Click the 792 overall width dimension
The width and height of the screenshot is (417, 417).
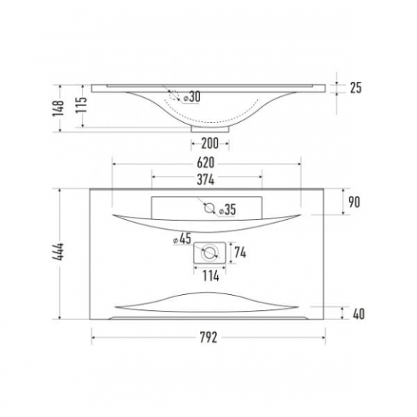coord(208,337)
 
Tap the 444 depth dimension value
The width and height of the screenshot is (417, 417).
coord(58,252)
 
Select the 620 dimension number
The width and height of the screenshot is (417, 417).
coord(205,163)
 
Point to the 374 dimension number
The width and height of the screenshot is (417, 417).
coord(205,180)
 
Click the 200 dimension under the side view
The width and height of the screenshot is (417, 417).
coord(210,143)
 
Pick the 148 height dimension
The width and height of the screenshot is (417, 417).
coord(58,108)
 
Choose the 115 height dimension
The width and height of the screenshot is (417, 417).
coord(81,105)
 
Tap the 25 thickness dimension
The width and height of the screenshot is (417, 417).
coord(356,88)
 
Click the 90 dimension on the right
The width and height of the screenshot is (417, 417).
coord(354,202)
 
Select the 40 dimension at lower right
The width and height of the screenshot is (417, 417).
coord(359,314)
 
